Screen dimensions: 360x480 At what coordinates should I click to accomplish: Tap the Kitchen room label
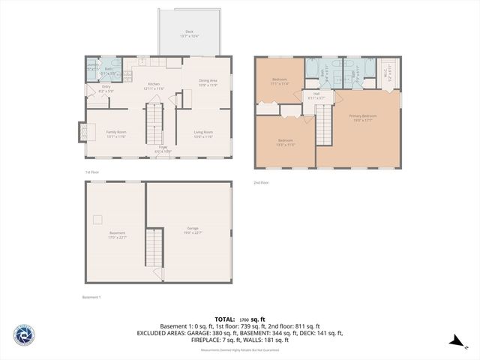(x=153, y=85)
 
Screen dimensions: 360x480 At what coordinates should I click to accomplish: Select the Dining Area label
(x=208, y=82)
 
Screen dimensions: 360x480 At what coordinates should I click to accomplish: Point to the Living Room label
(x=204, y=133)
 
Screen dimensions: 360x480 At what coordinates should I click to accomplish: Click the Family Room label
(x=116, y=133)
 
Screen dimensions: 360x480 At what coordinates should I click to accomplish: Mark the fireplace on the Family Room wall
(x=82, y=132)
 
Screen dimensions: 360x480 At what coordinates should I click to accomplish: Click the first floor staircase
(x=154, y=124)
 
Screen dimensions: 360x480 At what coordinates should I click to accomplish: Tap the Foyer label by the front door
(x=163, y=149)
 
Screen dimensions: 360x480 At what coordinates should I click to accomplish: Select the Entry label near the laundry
(x=106, y=88)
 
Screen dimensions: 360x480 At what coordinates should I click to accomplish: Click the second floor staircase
(x=324, y=124)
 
